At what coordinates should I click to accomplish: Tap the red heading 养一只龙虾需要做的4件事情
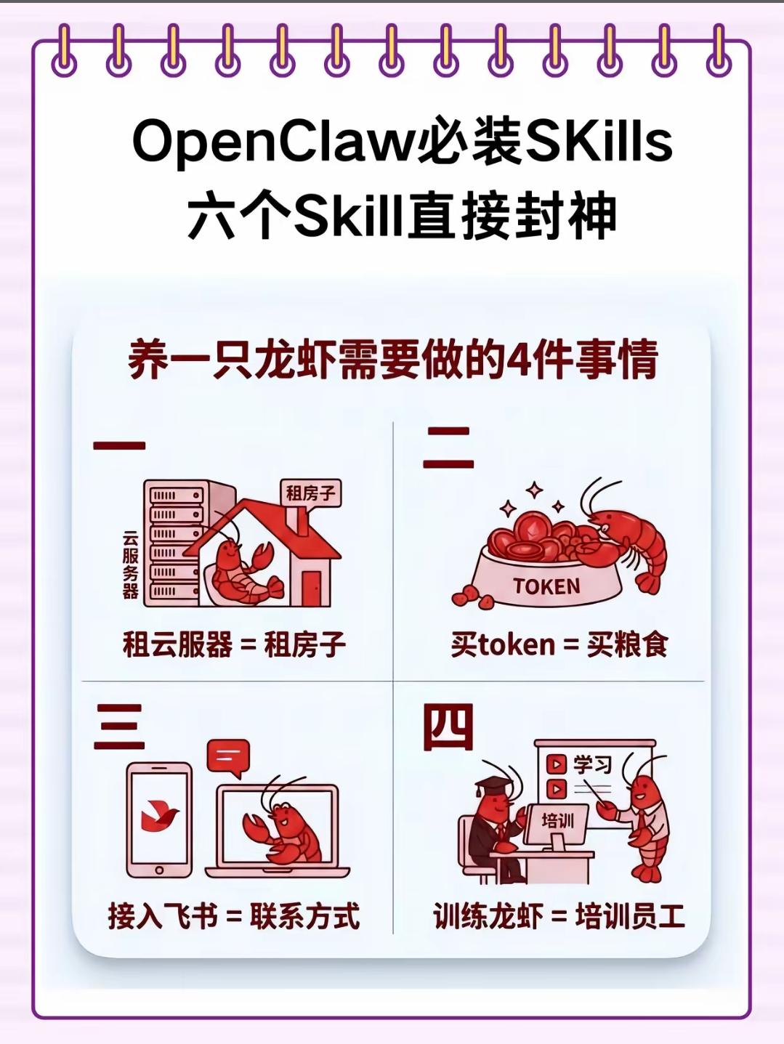coord(393,360)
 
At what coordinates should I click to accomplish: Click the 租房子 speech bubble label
coord(311,493)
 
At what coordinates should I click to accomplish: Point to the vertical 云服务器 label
coord(130,565)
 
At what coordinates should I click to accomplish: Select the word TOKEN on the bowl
coord(546,586)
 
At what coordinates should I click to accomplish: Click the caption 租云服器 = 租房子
coord(234,644)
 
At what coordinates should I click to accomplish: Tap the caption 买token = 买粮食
coord(559,644)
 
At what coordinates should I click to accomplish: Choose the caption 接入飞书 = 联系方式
coord(234,915)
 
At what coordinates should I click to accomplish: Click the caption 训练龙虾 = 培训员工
coord(559,915)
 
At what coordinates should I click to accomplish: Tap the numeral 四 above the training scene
coord(448,727)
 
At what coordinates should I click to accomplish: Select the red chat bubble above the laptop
coord(228,758)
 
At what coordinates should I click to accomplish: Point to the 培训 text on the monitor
coord(558,820)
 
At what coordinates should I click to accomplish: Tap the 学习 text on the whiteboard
coord(592,765)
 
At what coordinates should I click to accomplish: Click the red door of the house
coord(312,588)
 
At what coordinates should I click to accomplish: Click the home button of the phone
coord(159,870)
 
